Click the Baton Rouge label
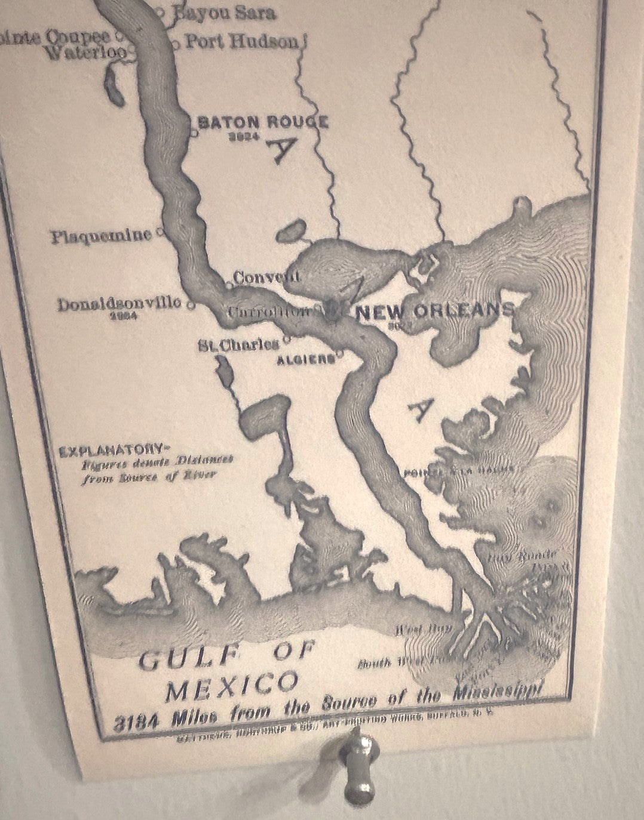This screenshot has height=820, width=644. [263, 122]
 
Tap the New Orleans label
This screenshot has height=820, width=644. [435, 311]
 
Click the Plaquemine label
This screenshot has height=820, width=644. [101, 236]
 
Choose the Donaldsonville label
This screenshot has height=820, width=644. [119, 304]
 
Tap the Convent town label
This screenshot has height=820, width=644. [266, 278]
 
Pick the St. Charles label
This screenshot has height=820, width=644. [239, 344]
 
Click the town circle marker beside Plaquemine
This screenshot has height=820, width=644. [160, 234]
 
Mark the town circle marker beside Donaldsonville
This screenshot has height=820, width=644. [191, 306]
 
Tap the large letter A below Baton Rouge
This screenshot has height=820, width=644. [282, 149]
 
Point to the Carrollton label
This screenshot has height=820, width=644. [269, 312]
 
